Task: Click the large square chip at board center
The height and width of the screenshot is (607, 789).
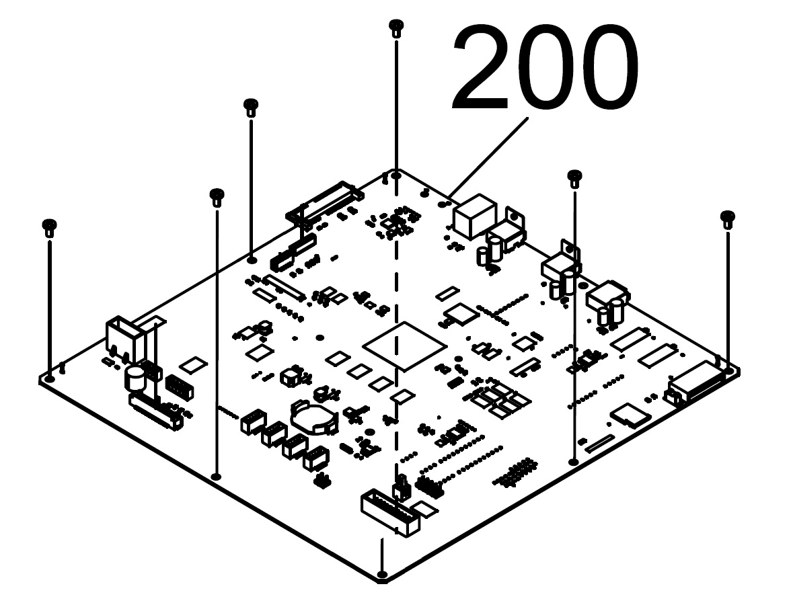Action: pos(405,346)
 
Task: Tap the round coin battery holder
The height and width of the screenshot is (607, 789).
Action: pos(314,415)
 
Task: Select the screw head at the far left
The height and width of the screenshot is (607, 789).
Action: pos(49,227)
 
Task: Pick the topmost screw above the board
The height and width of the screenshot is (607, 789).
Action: pos(396,27)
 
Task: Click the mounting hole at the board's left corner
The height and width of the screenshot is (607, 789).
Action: pos(49,378)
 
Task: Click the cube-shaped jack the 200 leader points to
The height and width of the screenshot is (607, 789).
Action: pos(474,216)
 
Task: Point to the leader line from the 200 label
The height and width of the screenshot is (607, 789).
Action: pos(488,157)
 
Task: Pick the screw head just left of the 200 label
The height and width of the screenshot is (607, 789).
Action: pos(251,107)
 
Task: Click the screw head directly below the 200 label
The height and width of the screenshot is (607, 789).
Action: pos(574,178)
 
